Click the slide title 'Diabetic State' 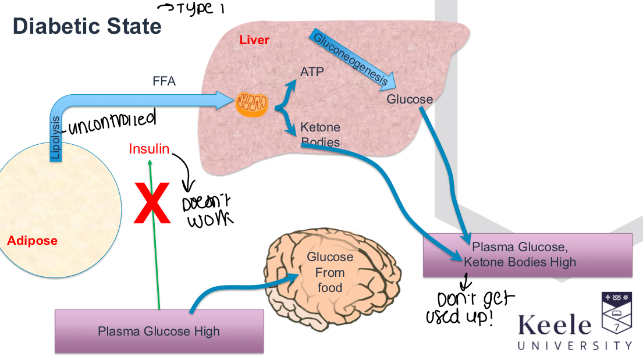tap(87, 27)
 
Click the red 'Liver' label tap(254, 40)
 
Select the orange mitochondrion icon tap(252, 105)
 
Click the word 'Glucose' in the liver tap(410, 99)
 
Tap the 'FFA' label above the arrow tap(164, 82)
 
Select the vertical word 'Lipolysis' tap(56, 138)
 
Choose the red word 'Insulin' tap(149, 149)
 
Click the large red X tap(152, 203)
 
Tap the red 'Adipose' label tap(32, 240)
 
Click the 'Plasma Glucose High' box tap(159, 331)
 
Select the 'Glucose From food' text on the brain tap(330, 272)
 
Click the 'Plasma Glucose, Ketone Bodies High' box tap(527, 255)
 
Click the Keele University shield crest tap(616, 314)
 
